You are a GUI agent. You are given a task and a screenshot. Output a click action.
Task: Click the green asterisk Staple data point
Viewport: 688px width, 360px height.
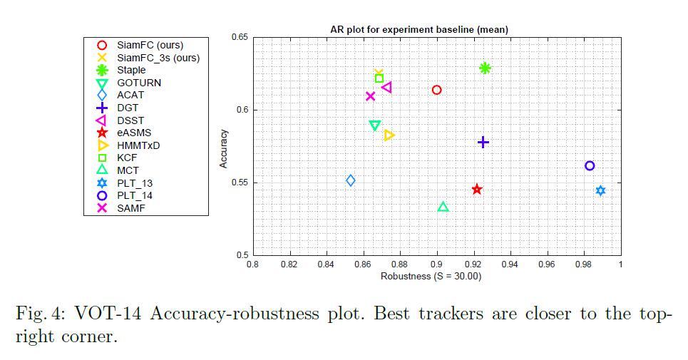485,68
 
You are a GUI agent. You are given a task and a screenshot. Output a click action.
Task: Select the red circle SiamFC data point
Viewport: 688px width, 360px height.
436,90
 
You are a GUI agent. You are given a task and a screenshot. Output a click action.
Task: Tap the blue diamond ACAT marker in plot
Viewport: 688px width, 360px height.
350,180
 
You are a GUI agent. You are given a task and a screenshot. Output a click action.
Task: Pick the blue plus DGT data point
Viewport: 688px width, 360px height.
483,143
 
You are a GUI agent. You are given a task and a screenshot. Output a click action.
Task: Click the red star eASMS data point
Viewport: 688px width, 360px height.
477,189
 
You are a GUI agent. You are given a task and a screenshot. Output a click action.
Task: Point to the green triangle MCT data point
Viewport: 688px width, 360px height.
443,207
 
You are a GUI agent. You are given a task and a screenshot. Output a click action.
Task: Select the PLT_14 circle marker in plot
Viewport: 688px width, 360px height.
590,166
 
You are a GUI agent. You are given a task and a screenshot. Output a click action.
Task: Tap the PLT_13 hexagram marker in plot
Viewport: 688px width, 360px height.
600,190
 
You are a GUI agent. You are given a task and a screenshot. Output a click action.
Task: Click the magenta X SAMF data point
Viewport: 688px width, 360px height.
370,96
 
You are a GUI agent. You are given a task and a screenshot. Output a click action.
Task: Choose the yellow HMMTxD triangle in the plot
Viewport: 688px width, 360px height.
389,135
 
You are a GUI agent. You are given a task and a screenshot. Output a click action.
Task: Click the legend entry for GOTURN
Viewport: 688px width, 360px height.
138,83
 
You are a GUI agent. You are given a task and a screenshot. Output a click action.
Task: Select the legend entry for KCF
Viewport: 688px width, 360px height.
127,158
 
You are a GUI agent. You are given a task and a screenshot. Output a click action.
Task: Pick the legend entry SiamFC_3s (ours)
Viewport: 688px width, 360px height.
158,58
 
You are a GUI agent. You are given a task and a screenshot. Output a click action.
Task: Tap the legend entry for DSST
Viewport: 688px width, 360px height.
130,120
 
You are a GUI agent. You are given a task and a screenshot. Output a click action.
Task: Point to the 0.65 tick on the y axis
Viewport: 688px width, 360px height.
240,37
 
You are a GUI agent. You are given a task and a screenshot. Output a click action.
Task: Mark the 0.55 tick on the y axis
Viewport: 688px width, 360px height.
240,182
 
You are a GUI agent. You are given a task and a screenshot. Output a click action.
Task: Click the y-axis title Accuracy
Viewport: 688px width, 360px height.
224,148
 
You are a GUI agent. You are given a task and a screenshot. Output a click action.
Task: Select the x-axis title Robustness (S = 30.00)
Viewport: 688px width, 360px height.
431,276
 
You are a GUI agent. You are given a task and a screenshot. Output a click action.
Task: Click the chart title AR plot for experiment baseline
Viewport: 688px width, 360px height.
419,29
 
